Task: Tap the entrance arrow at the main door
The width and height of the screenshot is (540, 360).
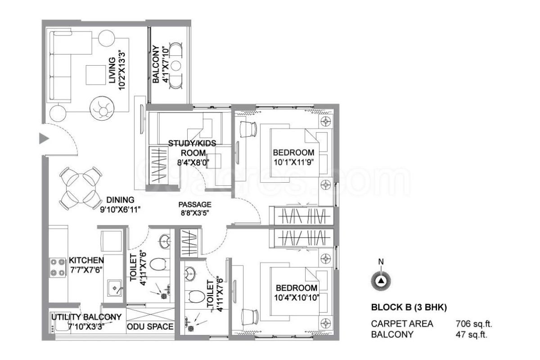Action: pos(44,139)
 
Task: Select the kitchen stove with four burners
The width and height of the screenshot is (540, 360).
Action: pos(58,268)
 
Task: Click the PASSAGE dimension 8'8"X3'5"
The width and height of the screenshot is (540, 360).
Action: pos(195,213)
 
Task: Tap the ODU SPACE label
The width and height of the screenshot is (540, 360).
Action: pos(150,327)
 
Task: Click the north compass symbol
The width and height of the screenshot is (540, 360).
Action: pos(381,281)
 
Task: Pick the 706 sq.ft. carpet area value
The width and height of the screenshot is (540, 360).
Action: pos(474,324)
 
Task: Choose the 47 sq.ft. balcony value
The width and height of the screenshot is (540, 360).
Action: pos(471,334)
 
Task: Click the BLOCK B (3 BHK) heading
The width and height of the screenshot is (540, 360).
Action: pos(409,307)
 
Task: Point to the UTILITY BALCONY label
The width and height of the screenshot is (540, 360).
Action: pos(86,317)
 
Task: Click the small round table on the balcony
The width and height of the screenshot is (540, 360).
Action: pos(176,65)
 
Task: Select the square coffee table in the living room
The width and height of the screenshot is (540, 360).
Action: pos(96,75)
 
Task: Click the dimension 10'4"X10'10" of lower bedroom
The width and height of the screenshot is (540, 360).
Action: pos(297,297)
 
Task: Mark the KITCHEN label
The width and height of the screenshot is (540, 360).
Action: pos(86,260)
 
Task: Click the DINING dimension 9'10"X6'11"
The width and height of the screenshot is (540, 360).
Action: pos(120,209)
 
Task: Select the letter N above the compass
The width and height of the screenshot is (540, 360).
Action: pos(381,261)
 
